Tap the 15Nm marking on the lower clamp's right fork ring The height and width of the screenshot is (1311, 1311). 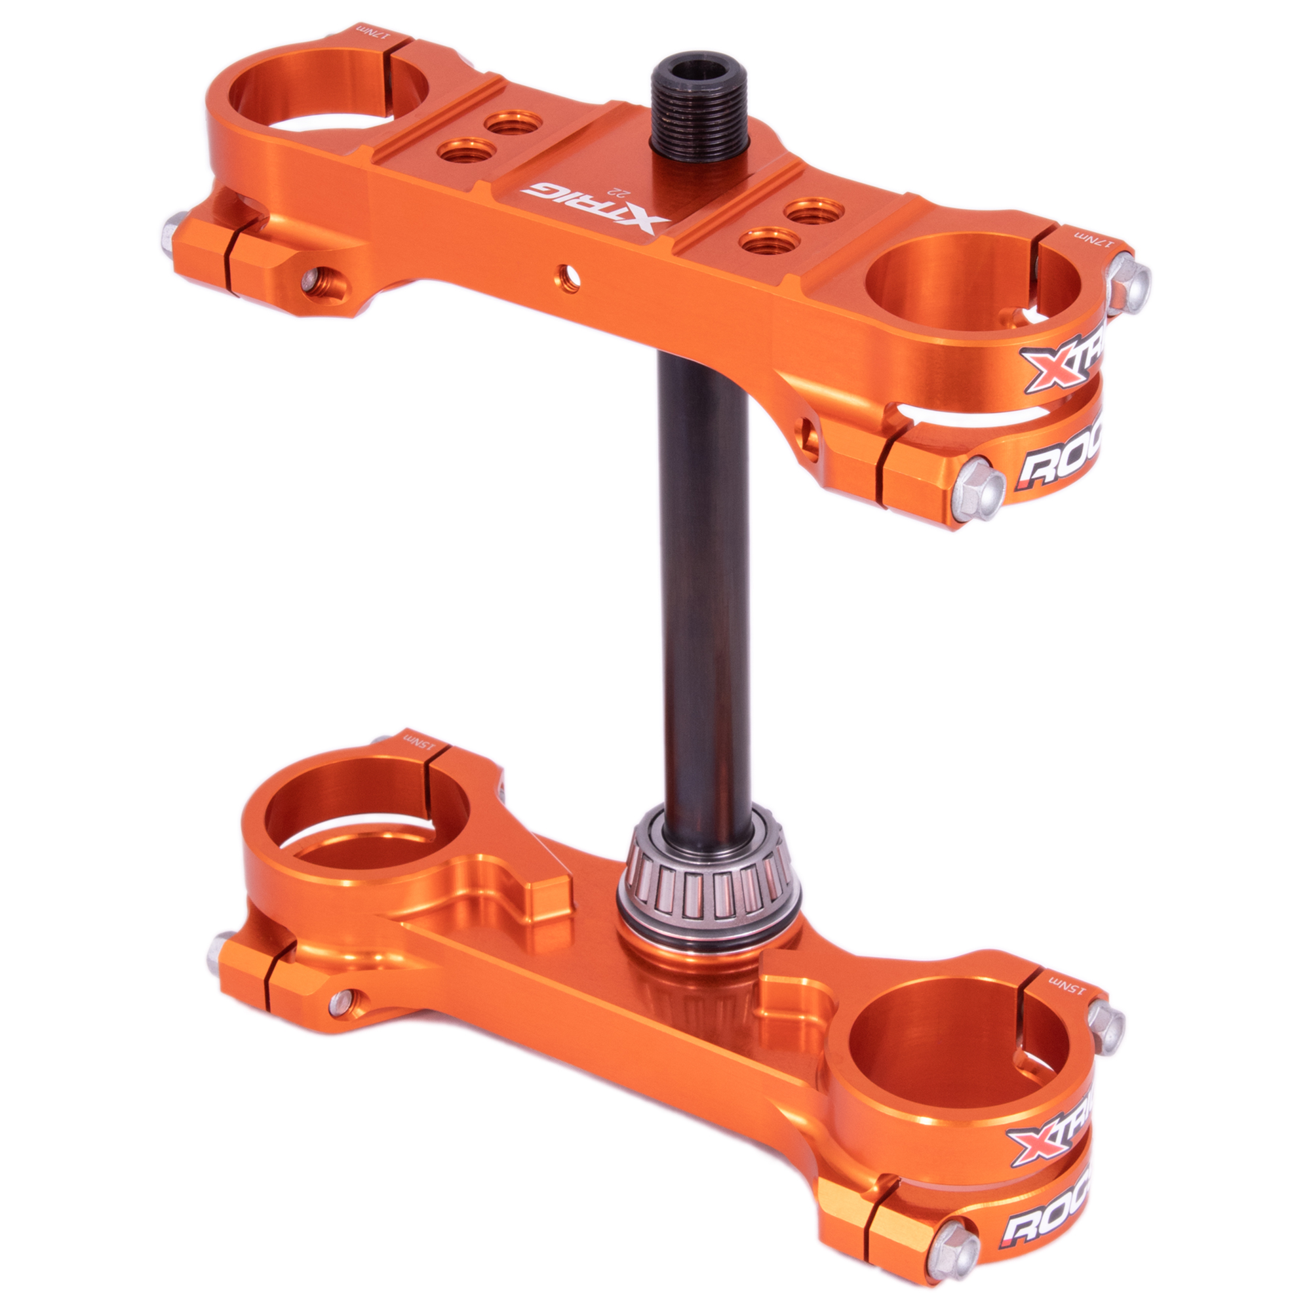(1067, 982)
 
